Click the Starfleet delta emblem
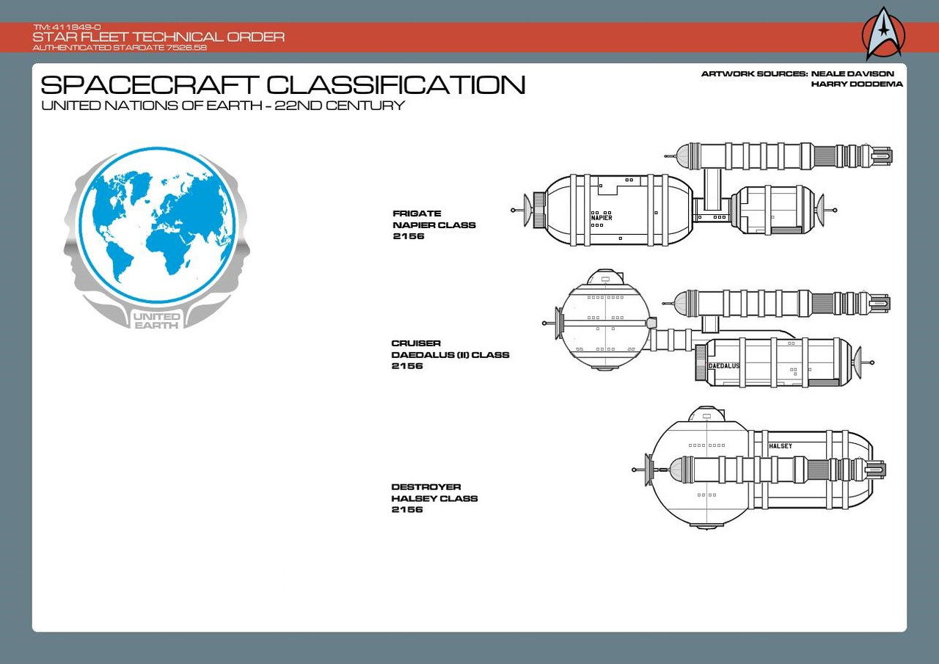point(883,34)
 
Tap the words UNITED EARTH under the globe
point(156,321)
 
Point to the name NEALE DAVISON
point(852,74)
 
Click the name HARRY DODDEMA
point(857,84)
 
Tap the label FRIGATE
point(417,214)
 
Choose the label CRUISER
point(416,343)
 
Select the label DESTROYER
point(426,486)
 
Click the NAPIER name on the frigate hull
point(602,218)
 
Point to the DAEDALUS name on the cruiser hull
point(724,366)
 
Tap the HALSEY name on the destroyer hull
point(781,446)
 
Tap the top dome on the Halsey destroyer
point(706,415)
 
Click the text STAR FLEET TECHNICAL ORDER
point(158,37)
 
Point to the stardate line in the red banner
point(120,48)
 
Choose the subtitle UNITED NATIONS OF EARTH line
point(222,105)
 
